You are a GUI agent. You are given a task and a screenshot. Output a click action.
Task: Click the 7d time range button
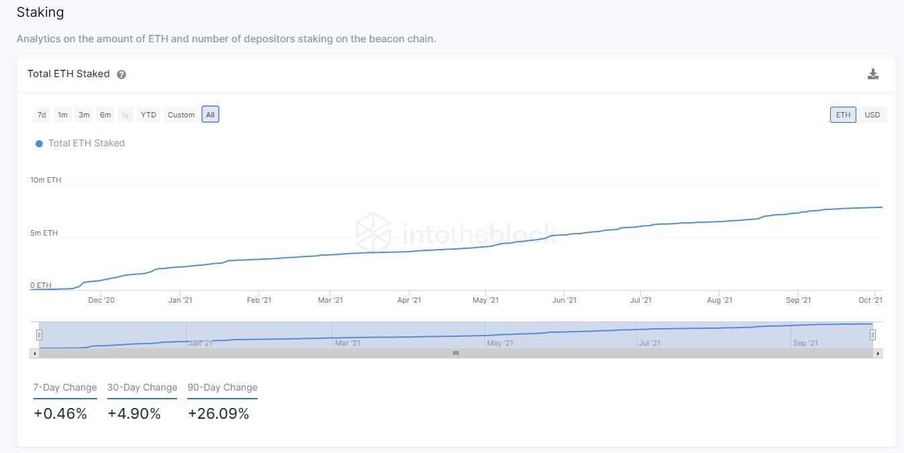42,115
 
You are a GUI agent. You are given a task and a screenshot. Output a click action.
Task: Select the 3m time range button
84,115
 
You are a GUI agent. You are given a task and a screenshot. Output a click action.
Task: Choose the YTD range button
148,115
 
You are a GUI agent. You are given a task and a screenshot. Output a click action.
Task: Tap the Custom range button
181,115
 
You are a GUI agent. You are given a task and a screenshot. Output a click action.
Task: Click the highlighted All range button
210,115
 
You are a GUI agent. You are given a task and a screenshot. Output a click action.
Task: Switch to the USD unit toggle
872,115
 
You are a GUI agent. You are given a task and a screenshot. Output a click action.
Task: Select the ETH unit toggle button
843,115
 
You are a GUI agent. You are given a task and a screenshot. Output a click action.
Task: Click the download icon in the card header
872,74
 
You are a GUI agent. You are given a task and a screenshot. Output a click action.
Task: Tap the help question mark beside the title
121,74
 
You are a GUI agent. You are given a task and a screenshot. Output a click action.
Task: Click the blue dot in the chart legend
39,144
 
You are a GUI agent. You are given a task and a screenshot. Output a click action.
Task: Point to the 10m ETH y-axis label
46,180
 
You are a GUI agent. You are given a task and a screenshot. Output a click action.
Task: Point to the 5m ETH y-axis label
44,233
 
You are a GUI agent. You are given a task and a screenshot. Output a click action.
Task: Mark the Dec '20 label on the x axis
101,300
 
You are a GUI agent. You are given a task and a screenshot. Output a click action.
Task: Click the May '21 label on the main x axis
485,300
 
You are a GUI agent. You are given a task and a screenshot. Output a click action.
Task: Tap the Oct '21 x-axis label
870,300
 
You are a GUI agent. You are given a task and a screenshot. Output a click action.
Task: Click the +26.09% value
218,414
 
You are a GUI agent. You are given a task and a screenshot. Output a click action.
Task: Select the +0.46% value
60,414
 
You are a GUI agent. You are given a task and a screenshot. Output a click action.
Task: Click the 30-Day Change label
142,387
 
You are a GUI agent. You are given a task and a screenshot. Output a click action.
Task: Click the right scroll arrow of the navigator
878,353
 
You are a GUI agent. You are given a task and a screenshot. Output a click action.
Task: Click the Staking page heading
40,12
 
